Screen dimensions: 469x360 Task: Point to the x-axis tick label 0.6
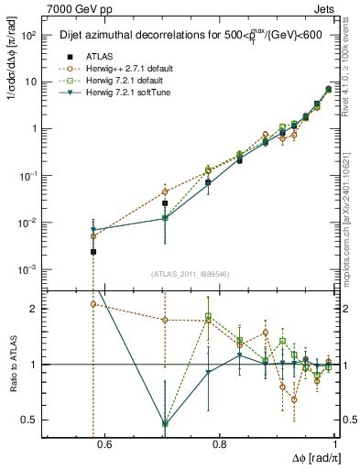click(104, 445)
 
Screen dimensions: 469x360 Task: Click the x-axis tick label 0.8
click(219, 445)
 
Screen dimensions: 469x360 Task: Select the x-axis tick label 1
click(335, 445)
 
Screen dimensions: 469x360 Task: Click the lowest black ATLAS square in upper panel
click(93, 251)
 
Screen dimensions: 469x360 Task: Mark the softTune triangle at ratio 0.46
click(165, 423)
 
